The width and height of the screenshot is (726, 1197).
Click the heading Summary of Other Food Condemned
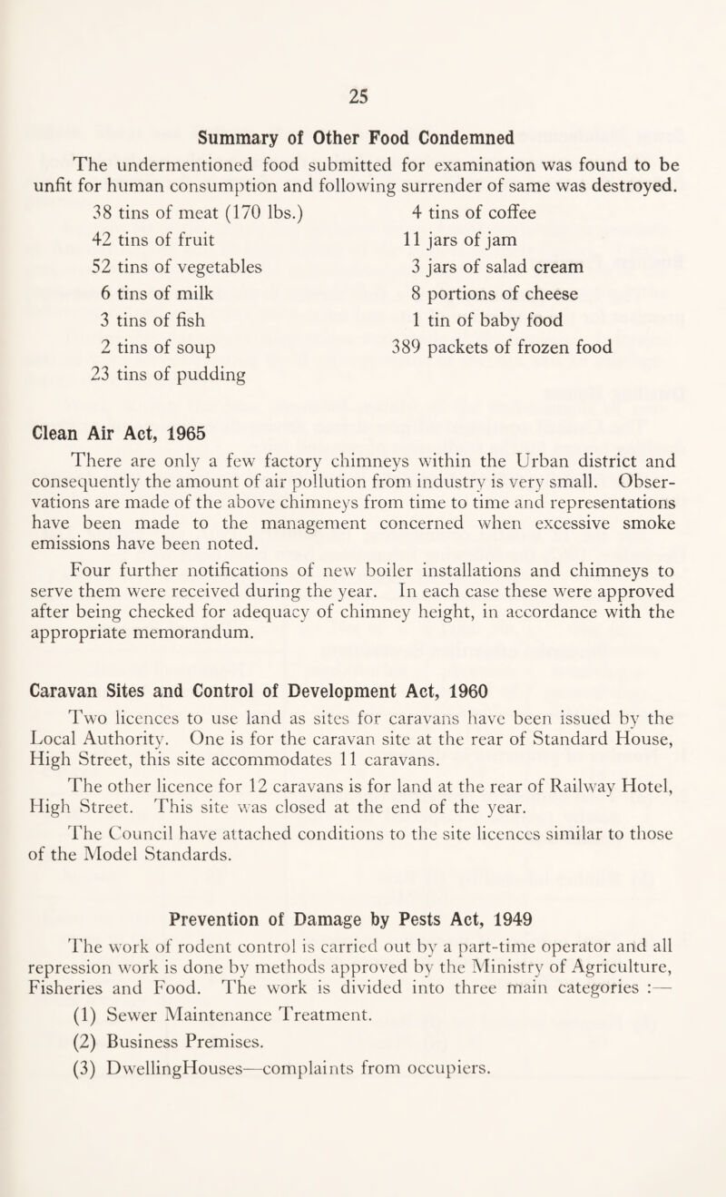(363, 139)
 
